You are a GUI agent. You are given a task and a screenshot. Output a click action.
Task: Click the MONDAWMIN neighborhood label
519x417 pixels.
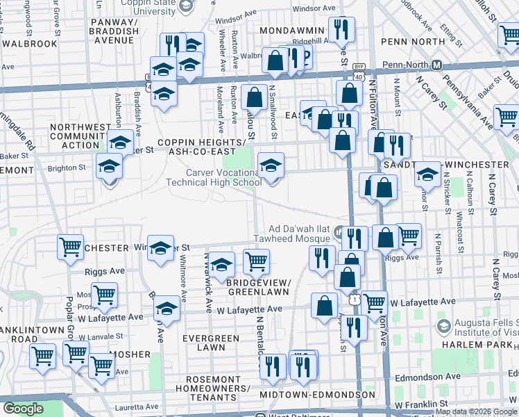[291, 31]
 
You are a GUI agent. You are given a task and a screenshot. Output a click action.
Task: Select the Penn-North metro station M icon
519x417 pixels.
[436, 65]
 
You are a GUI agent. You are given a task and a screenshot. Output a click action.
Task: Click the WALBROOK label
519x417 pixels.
[28, 43]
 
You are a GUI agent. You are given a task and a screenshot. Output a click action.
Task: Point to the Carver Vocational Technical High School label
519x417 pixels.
[214, 177]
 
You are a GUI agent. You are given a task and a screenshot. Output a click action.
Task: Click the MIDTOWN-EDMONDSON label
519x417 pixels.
[318, 395]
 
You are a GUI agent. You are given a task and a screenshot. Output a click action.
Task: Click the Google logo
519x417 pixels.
[23, 409]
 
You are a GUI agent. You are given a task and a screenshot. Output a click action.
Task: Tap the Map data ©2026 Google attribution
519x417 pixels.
[477, 411]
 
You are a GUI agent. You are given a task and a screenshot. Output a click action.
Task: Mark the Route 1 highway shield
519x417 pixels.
[355, 298]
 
